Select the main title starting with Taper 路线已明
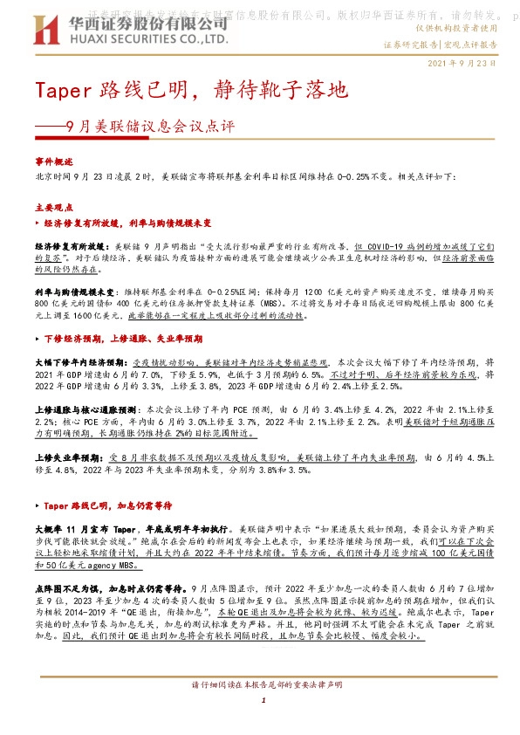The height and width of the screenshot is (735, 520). [191, 89]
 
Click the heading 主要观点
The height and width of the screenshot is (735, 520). [52, 208]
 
